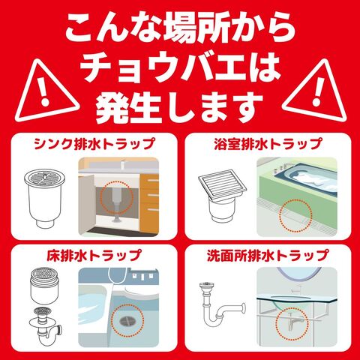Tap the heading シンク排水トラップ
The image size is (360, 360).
point(94,144)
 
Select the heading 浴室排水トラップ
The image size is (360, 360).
point(268,144)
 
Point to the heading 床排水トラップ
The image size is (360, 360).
point(94,255)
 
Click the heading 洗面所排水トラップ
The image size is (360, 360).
point(268,255)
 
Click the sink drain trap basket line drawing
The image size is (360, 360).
point(44,198)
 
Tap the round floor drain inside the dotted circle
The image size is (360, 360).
point(127,321)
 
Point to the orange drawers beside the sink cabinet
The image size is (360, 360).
point(149,203)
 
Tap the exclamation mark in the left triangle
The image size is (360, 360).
point(45,91)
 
